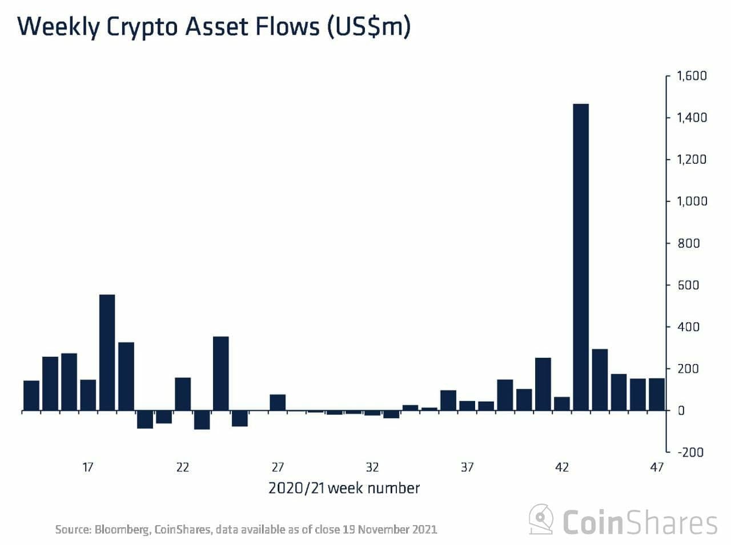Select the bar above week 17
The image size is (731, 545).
click(x=88, y=395)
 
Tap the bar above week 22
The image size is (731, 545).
click(x=183, y=394)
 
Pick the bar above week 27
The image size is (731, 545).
click(x=278, y=402)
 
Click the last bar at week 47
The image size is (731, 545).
click(x=657, y=394)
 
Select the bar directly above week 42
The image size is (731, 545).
click(x=562, y=403)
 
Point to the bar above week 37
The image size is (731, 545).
click(x=467, y=405)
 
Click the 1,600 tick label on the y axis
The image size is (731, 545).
click(x=692, y=76)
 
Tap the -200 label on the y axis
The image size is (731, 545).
click(x=690, y=452)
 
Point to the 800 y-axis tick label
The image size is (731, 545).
click(x=688, y=243)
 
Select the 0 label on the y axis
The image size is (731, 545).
click(x=681, y=410)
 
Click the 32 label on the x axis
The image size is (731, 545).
click(x=372, y=467)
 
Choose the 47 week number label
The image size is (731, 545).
click(x=657, y=467)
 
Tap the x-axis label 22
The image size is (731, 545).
click(x=183, y=467)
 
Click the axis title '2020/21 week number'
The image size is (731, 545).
click(x=344, y=488)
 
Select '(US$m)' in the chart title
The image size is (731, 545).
click(x=368, y=27)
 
